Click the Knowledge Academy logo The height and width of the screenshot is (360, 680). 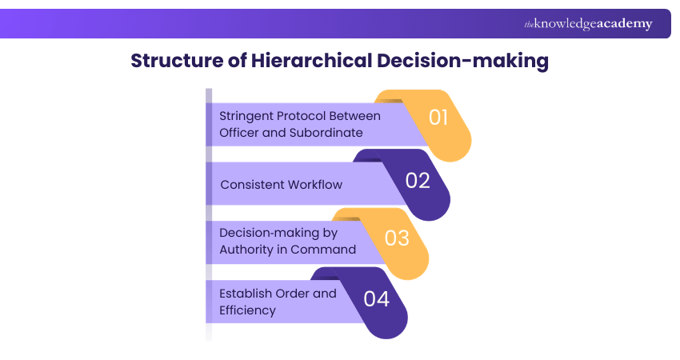(x=588, y=24)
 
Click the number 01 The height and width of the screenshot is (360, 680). (x=439, y=118)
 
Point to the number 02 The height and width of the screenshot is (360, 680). (x=418, y=180)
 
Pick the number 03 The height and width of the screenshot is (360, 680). (x=397, y=238)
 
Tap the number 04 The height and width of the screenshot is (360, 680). (x=376, y=298)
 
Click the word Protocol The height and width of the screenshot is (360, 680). (x=308, y=115)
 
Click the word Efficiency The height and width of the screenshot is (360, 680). (x=247, y=310)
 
